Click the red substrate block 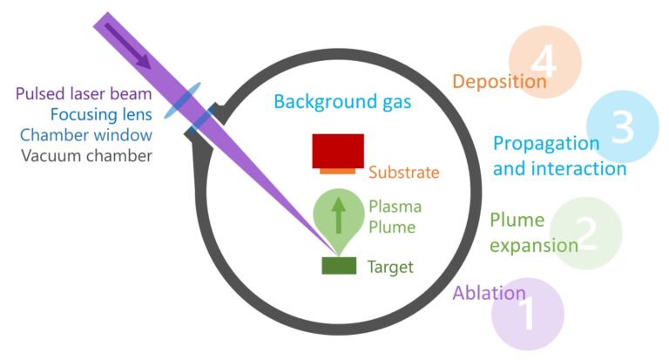[x=338, y=150]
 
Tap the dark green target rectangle [x=339, y=266]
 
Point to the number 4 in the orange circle [x=544, y=62]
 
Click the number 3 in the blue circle [x=622, y=127]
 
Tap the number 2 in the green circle [x=586, y=234]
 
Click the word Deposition [x=499, y=82]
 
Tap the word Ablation [x=489, y=293]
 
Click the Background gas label [x=342, y=102]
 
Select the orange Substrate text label [x=403, y=173]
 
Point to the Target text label [x=389, y=267]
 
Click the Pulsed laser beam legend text [x=84, y=93]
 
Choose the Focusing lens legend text [x=101, y=114]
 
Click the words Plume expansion [x=532, y=233]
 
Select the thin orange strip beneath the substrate [x=337, y=171]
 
